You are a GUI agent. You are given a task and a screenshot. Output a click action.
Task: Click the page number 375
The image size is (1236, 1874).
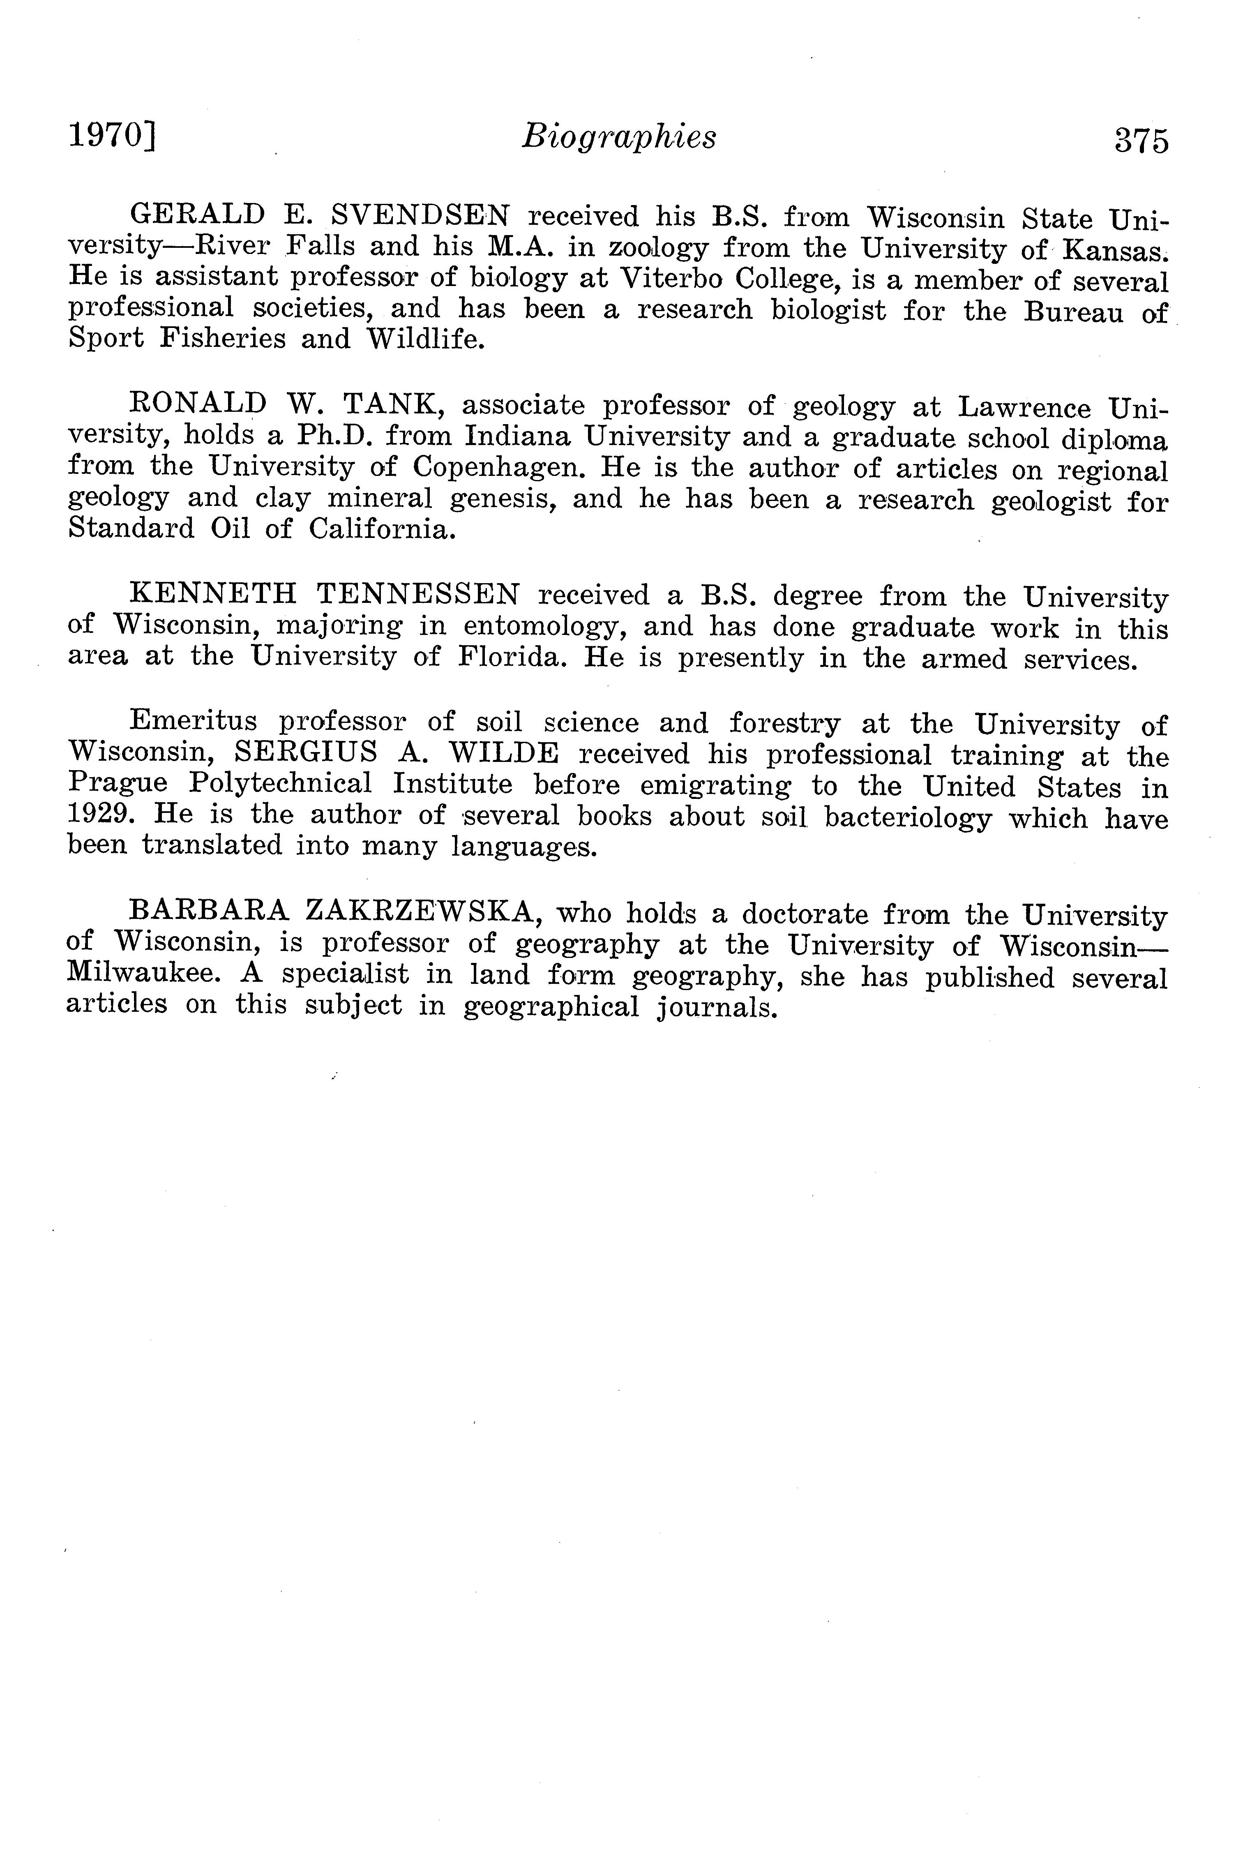point(1141,140)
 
